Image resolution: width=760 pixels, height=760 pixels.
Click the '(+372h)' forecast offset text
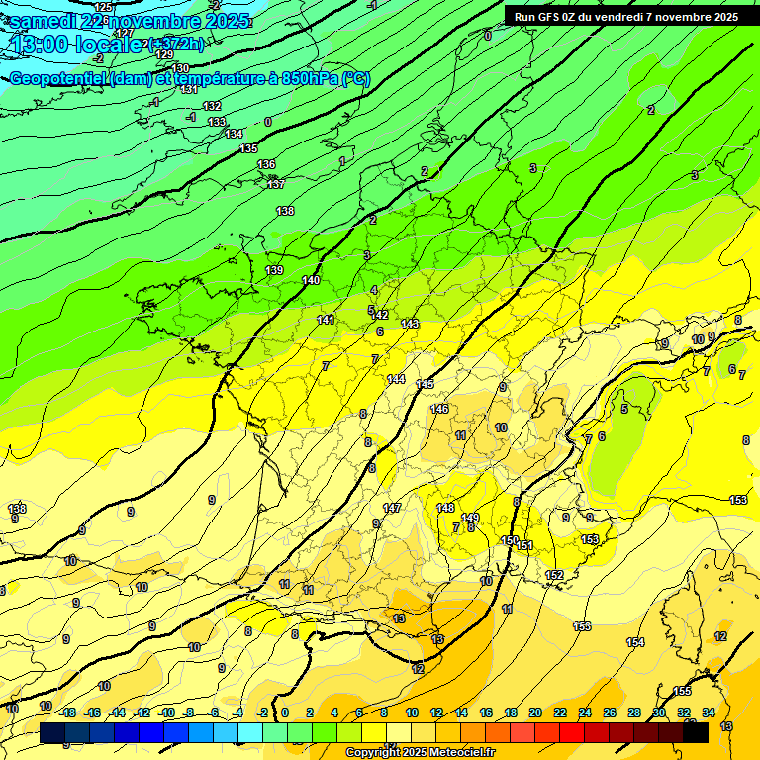coord(177,44)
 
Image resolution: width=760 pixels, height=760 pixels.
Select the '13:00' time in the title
coord(44,44)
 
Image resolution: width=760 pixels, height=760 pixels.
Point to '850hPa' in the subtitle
coord(309,79)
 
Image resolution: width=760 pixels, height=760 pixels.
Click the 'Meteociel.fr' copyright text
coord(457,753)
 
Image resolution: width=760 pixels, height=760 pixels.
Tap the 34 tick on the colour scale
coord(709,713)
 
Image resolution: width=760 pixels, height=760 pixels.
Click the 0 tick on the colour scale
coord(286,713)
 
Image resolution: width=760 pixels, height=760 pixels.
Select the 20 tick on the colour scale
coord(534,713)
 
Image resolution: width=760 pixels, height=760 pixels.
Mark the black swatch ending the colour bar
coord(696,733)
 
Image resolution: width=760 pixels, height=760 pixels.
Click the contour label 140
coord(311,280)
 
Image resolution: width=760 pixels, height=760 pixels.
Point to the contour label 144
coord(396,379)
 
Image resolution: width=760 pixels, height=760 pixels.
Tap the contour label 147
coord(392,508)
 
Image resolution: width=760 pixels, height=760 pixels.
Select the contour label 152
coord(555,575)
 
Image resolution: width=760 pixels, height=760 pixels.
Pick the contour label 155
coord(682,691)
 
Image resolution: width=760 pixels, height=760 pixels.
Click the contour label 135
coord(248,148)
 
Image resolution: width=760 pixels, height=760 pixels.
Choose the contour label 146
coord(439,409)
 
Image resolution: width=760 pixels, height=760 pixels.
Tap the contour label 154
coord(635,642)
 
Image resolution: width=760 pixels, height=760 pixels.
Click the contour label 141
coord(326,320)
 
